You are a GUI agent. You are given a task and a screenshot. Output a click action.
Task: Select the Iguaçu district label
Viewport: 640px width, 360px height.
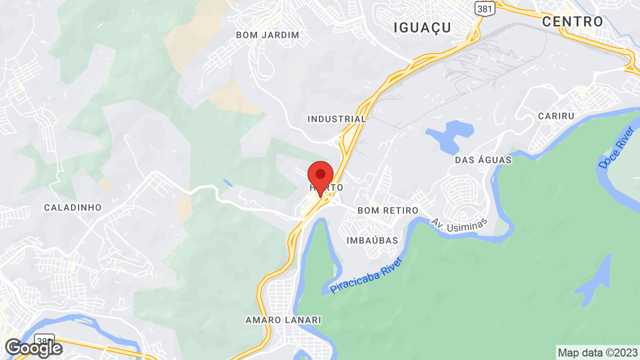422,27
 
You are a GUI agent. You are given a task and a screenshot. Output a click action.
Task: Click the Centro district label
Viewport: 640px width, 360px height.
573,21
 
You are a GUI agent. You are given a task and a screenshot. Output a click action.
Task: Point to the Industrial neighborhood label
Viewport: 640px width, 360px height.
336,119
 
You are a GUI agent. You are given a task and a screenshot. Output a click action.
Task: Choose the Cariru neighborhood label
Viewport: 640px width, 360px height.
556,115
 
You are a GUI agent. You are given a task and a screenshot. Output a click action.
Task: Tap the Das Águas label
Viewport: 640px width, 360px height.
483,160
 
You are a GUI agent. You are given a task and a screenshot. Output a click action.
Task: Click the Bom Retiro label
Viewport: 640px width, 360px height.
387,210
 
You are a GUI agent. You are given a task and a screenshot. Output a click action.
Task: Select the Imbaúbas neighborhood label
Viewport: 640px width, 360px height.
372,240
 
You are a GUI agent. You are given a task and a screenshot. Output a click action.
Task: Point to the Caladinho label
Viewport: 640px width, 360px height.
73,207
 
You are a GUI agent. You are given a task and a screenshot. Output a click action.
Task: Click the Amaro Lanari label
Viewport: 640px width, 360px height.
283,319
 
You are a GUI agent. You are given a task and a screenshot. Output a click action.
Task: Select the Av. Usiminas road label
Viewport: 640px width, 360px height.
459,225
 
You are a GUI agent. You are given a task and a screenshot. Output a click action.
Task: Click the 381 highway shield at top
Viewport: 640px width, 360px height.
485,8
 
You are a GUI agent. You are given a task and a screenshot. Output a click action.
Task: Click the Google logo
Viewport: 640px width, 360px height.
33,348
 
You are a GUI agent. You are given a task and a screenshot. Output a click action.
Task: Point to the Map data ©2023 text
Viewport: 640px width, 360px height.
597,352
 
